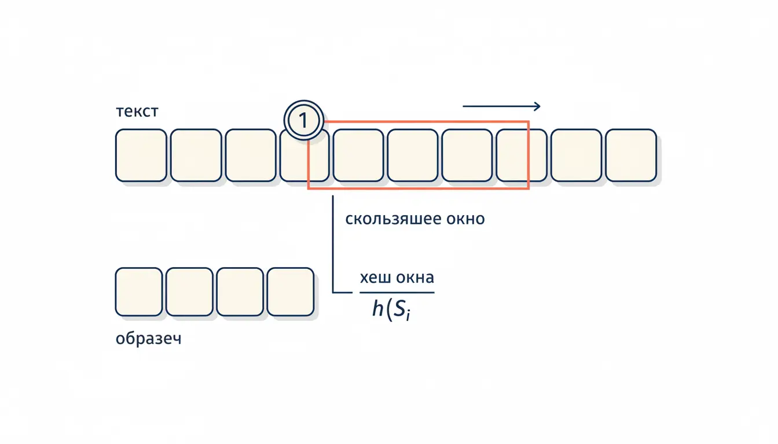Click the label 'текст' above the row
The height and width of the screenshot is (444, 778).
click(x=137, y=112)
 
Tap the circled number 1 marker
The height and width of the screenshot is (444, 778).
click(x=304, y=120)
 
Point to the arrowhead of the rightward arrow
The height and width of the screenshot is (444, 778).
click(x=537, y=106)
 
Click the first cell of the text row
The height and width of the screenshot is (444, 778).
click(x=141, y=156)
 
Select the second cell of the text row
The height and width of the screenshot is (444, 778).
click(x=196, y=156)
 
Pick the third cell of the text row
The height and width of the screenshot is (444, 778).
click(x=251, y=156)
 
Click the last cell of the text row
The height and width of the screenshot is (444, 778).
click(x=631, y=156)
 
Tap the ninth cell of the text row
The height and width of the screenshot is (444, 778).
click(x=577, y=156)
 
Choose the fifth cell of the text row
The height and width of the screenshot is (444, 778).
click(x=358, y=156)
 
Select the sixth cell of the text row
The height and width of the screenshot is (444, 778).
click(x=413, y=156)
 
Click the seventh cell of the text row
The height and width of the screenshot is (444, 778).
click(x=467, y=156)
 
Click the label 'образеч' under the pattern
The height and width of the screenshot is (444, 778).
click(x=149, y=339)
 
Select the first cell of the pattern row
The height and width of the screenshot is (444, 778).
click(x=139, y=292)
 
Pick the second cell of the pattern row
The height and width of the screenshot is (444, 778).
click(x=189, y=292)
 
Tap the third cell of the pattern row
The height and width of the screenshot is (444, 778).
click(x=240, y=292)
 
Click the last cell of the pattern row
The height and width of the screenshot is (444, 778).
click(x=291, y=292)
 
